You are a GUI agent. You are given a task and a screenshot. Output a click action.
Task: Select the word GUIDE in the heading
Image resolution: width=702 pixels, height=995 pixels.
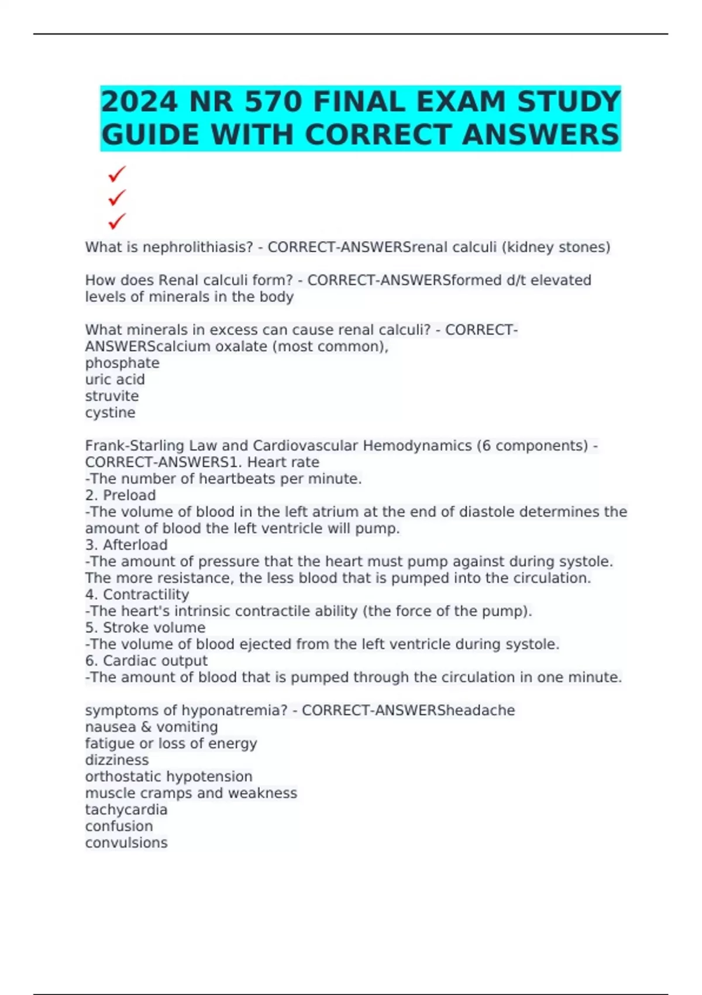(x=150, y=135)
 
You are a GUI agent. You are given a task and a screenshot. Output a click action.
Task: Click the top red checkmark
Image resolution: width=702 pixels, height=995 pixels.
(x=117, y=174)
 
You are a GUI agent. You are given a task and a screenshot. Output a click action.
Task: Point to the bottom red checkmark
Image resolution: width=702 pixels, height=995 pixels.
(x=117, y=221)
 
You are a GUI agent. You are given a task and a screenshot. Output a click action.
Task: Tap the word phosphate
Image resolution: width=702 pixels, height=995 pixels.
(x=122, y=363)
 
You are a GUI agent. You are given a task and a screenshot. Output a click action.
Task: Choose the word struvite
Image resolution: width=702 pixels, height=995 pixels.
(x=112, y=396)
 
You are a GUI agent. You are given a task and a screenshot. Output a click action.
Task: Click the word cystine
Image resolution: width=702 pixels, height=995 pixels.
(x=110, y=413)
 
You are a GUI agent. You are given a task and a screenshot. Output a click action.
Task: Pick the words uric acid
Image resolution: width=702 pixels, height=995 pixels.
(x=115, y=379)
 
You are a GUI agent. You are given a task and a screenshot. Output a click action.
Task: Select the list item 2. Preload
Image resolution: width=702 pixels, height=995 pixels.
(x=121, y=495)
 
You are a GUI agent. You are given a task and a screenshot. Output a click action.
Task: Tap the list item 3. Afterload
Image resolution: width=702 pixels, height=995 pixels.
(x=126, y=545)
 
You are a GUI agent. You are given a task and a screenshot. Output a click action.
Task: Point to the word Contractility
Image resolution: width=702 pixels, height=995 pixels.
(x=146, y=595)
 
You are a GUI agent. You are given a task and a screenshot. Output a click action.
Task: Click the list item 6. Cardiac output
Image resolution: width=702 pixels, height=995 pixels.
(x=146, y=661)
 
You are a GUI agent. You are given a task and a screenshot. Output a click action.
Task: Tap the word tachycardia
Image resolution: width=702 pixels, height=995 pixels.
(x=126, y=810)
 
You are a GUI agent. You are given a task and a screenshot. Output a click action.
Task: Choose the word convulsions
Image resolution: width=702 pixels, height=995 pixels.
(x=126, y=843)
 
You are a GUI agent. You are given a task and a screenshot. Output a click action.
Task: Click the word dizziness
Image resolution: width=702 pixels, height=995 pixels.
(x=117, y=760)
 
